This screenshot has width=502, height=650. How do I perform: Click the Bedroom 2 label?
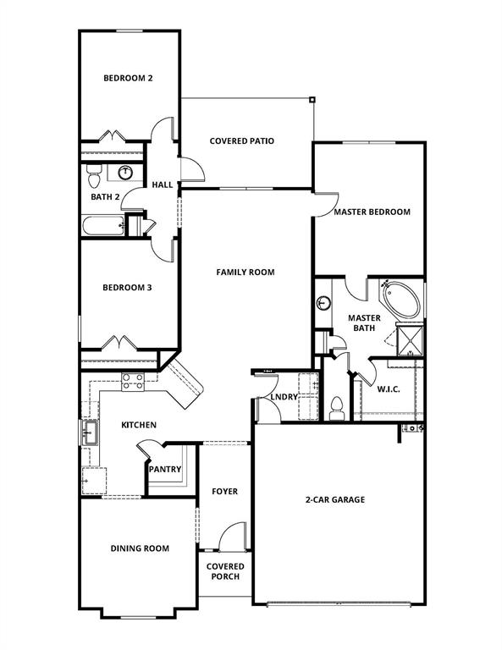point(128,79)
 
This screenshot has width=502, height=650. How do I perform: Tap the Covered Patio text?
point(241,141)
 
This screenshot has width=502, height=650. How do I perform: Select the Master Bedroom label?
point(372,212)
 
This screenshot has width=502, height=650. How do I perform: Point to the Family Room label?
point(245,273)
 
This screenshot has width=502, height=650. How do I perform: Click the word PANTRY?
point(165,469)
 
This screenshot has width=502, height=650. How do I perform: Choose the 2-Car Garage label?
point(335,499)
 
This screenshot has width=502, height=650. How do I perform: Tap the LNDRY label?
point(283,396)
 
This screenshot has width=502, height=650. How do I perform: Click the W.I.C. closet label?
point(389,389)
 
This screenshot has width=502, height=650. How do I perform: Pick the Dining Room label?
point(140,548)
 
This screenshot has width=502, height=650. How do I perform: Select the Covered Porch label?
point(225,571)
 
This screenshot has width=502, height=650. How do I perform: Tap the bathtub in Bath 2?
point(102,226)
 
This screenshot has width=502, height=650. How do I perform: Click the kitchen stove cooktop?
point(133,382)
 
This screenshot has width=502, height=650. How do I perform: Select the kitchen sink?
point(88,434)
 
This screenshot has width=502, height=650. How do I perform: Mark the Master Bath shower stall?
point(411,340)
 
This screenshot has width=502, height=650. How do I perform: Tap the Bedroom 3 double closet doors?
point(118,344)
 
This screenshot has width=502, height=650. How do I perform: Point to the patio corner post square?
point(312,99)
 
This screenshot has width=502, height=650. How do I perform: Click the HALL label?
point(162,185)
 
